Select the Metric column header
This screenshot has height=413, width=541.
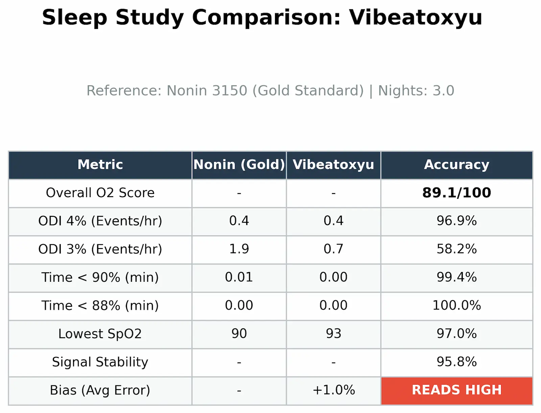100,165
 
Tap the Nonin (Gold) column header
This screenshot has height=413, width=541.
239,165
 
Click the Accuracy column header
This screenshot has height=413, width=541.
456,165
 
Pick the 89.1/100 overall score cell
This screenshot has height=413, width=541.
456,193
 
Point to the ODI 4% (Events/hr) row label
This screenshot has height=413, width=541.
100,221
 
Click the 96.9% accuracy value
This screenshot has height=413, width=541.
456,221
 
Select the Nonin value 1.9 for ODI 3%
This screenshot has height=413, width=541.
239,249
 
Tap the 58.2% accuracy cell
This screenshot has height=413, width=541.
456,249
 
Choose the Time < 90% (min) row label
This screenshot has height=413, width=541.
100,277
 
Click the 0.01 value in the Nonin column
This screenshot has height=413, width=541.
239,277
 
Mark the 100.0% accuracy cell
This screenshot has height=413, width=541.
456,305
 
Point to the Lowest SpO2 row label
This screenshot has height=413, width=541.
100,334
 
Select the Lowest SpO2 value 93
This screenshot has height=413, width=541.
333,334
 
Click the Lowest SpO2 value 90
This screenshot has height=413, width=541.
239,334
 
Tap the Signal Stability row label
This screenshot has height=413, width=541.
100,362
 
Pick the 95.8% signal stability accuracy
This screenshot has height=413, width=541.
456,362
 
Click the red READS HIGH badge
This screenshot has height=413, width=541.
456,390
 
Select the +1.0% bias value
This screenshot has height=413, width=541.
333,390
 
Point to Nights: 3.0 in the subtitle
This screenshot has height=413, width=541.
416,91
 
